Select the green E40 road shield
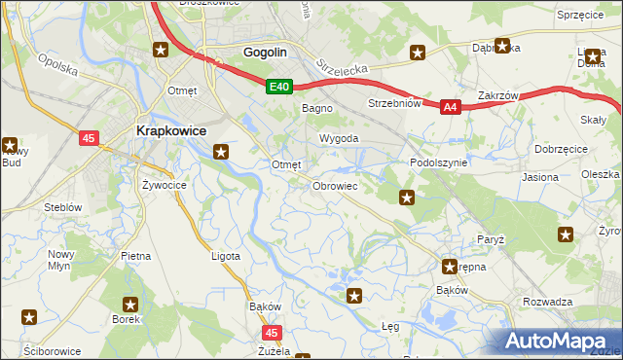click(x=279, y=88)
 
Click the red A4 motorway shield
click(x=449, y=108)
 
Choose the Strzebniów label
click(x=393, y=103)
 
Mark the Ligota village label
click(x=226, y=256)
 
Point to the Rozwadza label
click(x=546, y=302)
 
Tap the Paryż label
click(x=490, y=238)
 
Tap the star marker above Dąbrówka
click(x=502, y=45)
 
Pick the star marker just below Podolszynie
click(x=407, y=198)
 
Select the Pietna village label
click(x=135, y=256)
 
